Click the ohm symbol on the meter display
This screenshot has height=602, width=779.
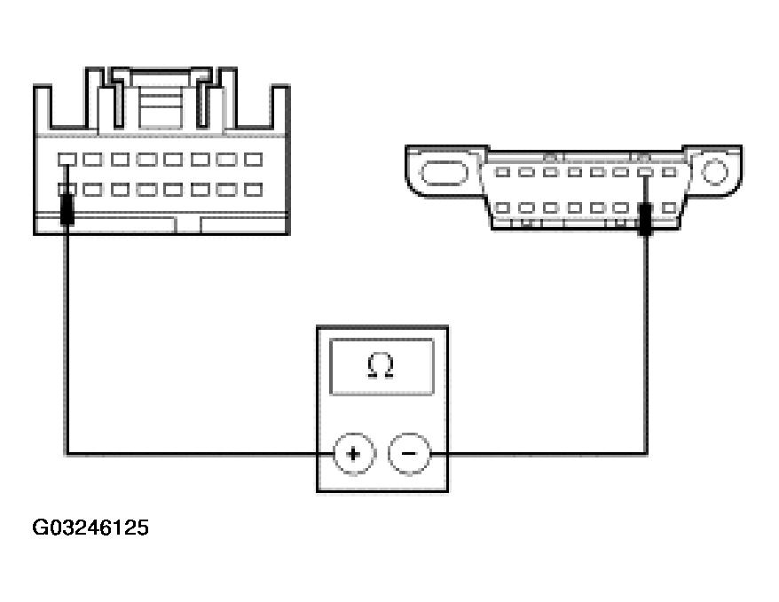click(x=382, y=366)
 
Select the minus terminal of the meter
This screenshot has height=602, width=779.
click(x=408, y=454)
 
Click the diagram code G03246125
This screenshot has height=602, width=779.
click(x=90, y=528)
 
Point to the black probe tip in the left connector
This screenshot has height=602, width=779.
click(x=66, y=210)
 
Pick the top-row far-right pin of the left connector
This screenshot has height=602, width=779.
click(x=254, y=160)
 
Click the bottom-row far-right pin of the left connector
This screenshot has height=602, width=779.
click(x=254, y=190)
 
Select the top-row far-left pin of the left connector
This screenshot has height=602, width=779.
click(x=67, y=160)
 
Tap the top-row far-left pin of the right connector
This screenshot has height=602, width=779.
click(x=502, y=172)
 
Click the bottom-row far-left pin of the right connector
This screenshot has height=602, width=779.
click(x=502, y=208)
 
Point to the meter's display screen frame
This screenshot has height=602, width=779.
click(x=382, y=366)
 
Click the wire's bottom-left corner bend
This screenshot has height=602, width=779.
click(x=67, y=454)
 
